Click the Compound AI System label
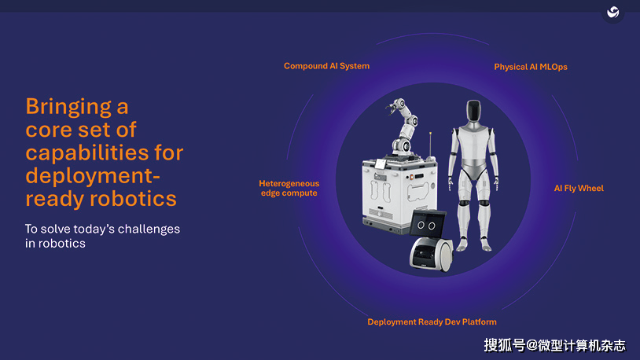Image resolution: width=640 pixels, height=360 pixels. point(326,66)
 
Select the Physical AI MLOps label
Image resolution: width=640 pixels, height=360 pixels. point(531,67)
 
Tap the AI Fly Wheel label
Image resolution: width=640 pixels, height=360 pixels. point(579,188)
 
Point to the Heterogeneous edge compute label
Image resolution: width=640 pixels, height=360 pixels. point(289,188)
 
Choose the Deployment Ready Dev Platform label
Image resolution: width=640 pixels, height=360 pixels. point(432,322)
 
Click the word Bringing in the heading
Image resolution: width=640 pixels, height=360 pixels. point(68,107)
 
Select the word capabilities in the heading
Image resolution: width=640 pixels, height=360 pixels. point(87,153)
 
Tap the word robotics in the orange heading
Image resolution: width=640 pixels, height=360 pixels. point(133,199)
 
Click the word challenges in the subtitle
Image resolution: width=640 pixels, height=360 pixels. point(149,229)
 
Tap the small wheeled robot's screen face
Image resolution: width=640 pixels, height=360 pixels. point(427,224)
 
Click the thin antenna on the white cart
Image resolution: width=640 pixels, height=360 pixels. point(430,145)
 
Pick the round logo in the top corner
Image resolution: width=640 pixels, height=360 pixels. point(612,12)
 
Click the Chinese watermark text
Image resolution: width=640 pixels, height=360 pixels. point(555,346)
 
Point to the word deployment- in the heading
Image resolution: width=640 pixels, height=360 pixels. point(93,176)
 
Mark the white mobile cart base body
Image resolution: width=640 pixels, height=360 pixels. point(399,196)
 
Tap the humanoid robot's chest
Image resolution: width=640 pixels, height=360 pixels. point(474,145)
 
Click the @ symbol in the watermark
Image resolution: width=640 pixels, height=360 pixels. point(531,346)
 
